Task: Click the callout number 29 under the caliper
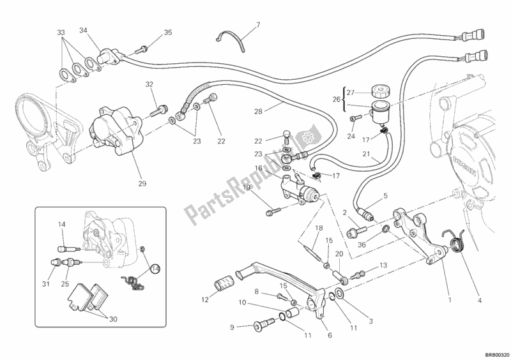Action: click(x=142, y=184)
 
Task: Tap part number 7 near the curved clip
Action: click(x=257, y=26)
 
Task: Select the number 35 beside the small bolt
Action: click(x=168, y=32)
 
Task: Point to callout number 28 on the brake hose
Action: click(x=258, y=112)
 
